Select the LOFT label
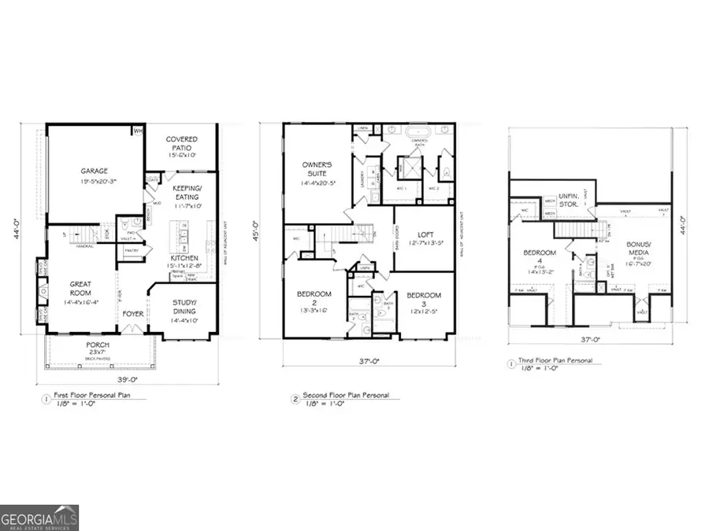(425, 234)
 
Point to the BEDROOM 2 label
(314, 300)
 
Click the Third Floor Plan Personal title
(560, 361)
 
